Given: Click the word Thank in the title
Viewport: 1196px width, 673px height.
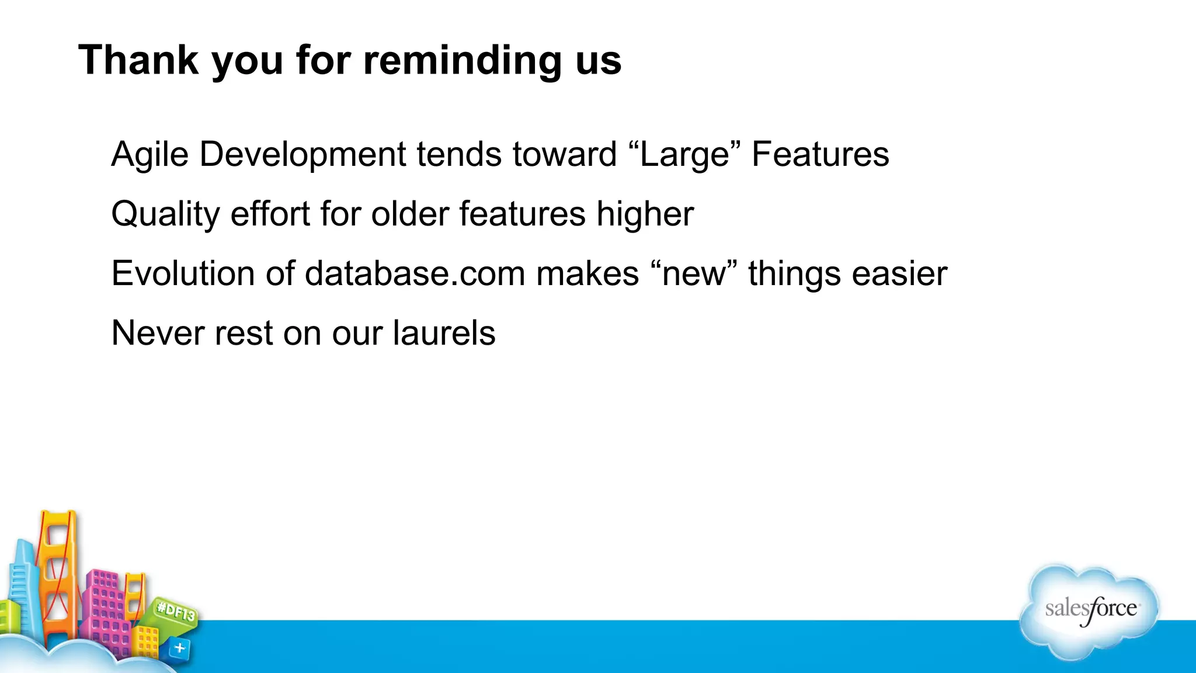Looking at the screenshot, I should (x=138, y=60).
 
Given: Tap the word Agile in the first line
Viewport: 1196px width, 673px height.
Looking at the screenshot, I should (x=150, y=155).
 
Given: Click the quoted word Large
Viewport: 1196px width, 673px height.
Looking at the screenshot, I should (x=684, y=155).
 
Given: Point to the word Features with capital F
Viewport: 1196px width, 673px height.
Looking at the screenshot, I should (x=820, y=155).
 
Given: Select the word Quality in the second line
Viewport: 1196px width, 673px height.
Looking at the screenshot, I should (x=165, y=214).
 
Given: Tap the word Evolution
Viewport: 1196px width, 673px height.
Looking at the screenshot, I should (x=183, y=273).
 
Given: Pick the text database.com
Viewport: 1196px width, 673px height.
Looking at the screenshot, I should (x=415, y=273).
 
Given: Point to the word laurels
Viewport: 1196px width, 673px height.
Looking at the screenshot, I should (x=444, y=333).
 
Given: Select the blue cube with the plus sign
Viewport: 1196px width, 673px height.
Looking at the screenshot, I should (x=180, y=648).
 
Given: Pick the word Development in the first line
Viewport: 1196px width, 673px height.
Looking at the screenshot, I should (x=303, y=155).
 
